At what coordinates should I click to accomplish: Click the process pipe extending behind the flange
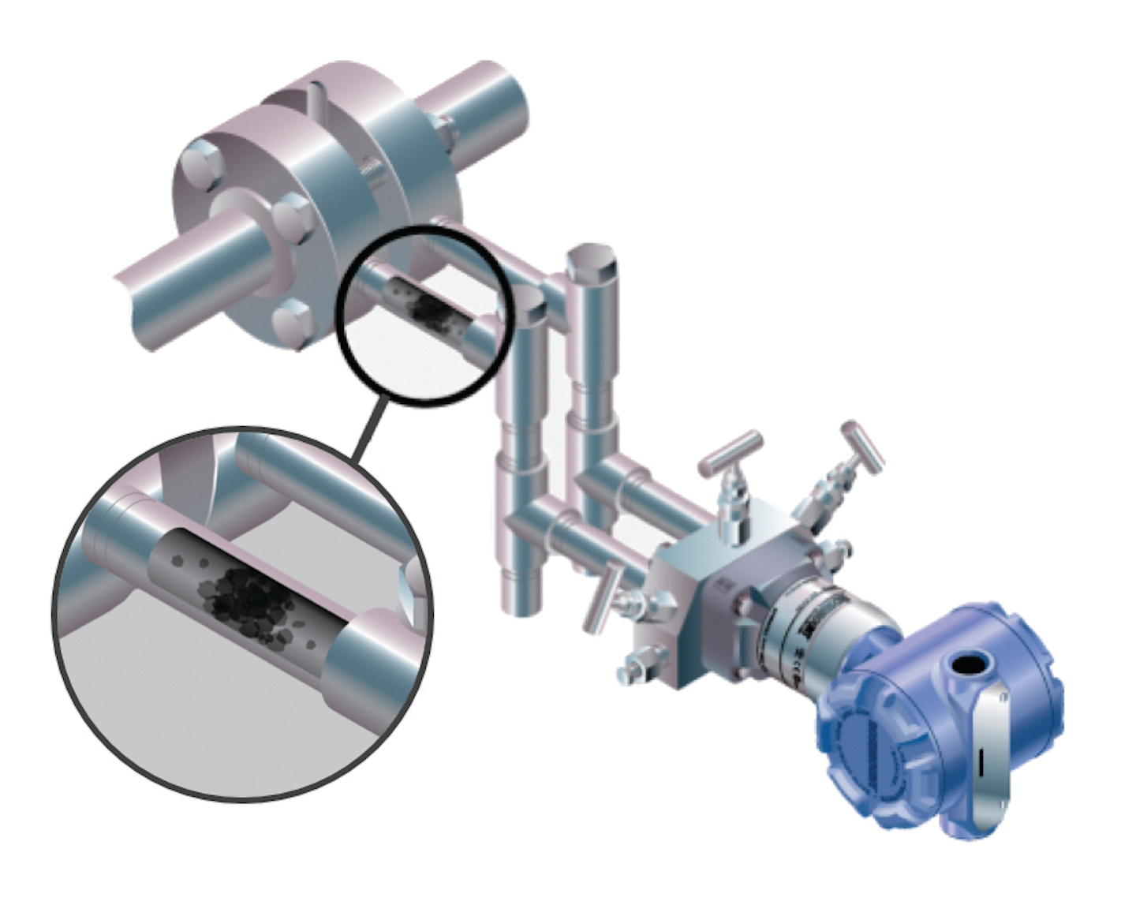pyautogui.click(x=473, y=110)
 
